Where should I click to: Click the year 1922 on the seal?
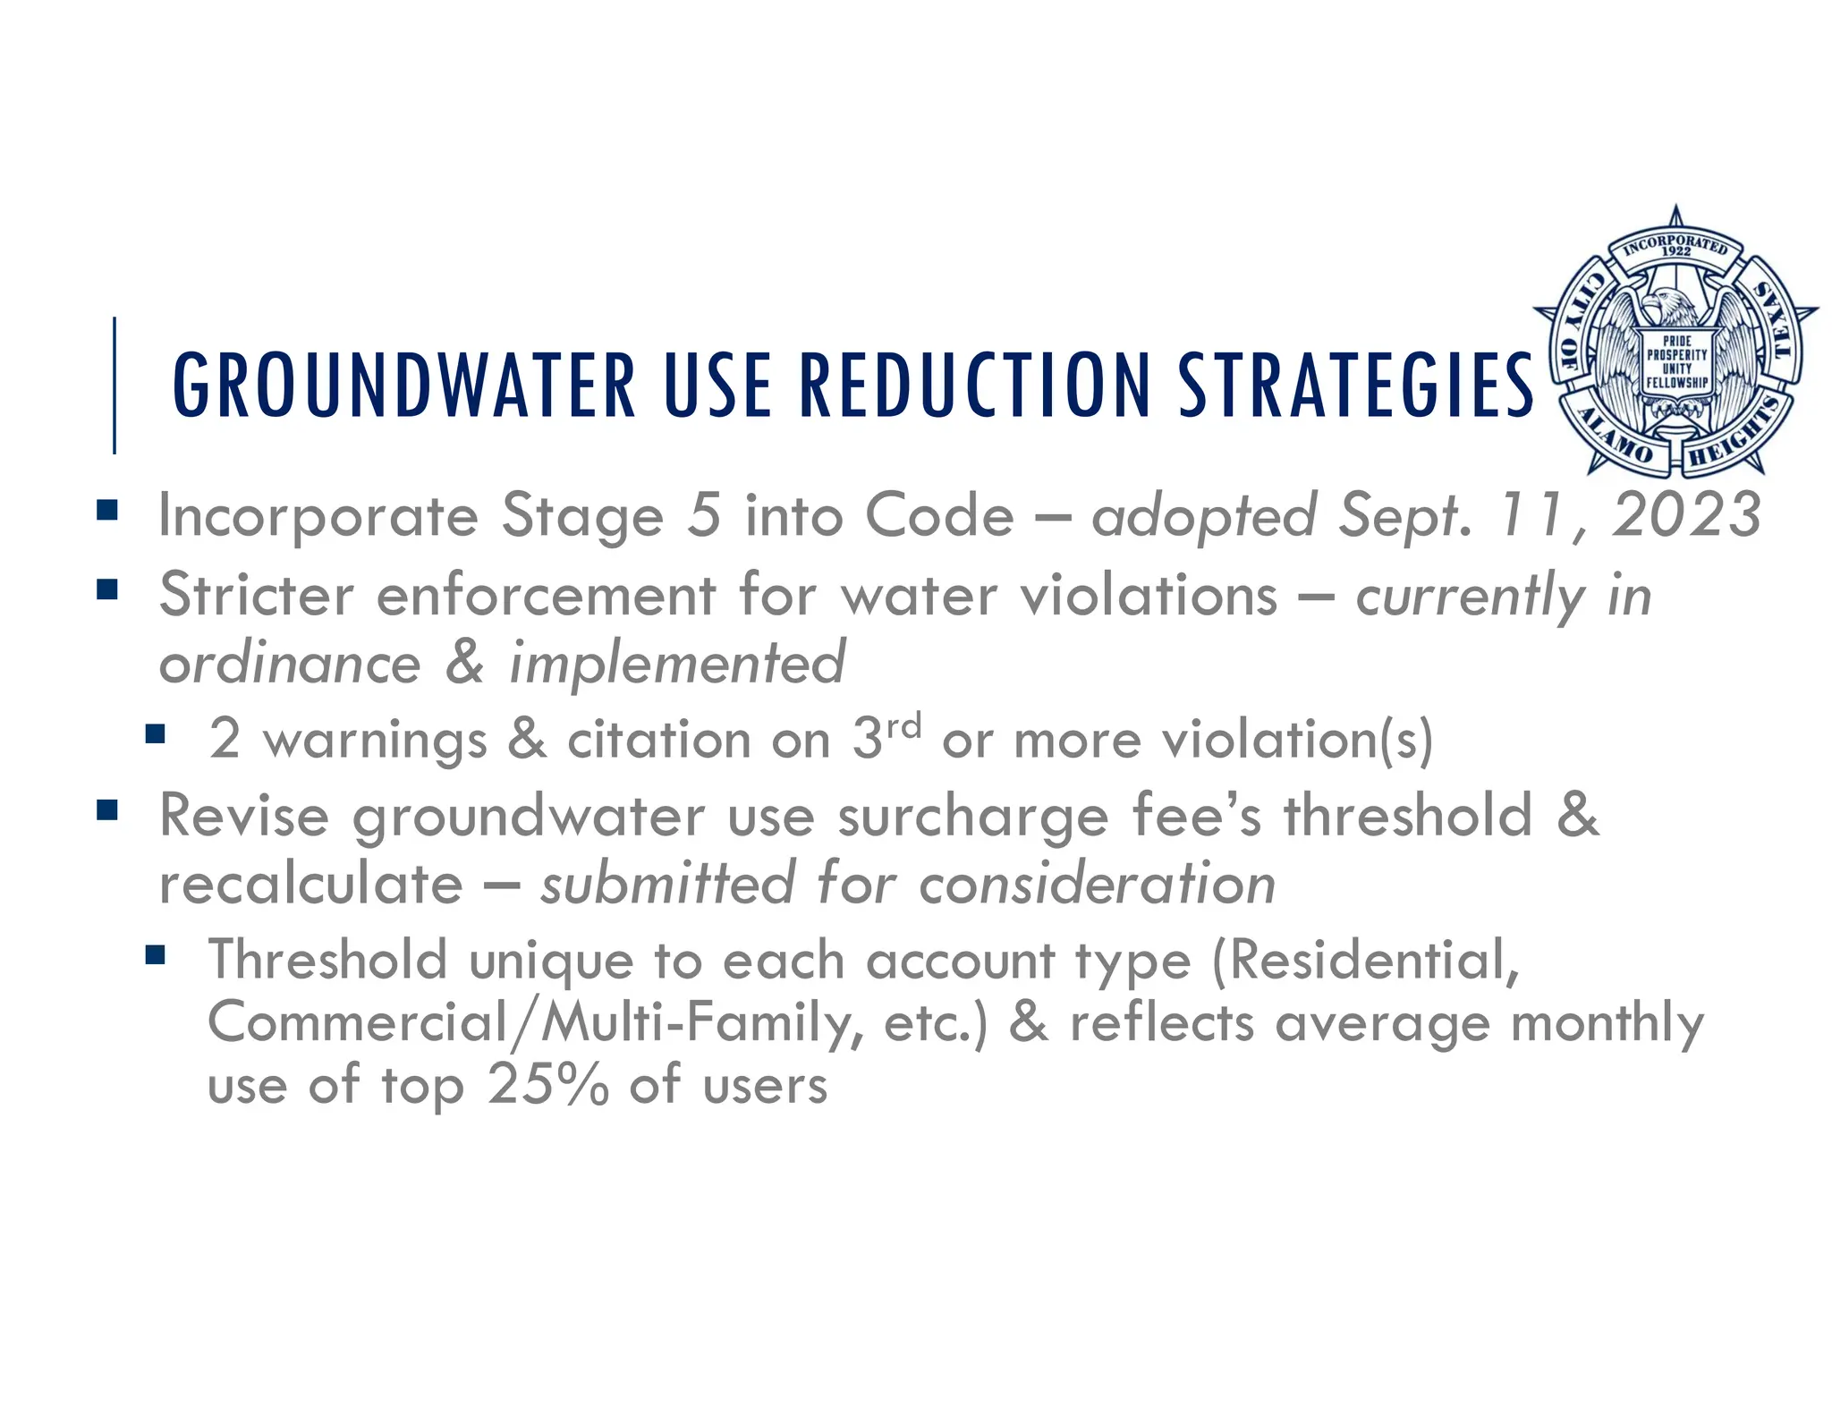point(1675,252)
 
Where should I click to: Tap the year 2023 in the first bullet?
point(1685,515)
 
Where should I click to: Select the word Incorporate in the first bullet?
point(318,517)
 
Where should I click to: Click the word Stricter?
point(256,595)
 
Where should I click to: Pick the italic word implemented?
point(676,663)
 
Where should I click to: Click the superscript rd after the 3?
point(903,725)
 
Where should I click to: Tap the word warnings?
point(375,741)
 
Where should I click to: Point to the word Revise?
point(243,816)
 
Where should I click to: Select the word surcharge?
point(972,818)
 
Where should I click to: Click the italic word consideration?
point(1097,885)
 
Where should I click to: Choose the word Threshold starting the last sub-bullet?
point(327,960)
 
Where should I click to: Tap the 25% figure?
point(547,1085)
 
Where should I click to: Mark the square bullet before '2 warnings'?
point(156,734)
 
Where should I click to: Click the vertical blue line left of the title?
point(114,385)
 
